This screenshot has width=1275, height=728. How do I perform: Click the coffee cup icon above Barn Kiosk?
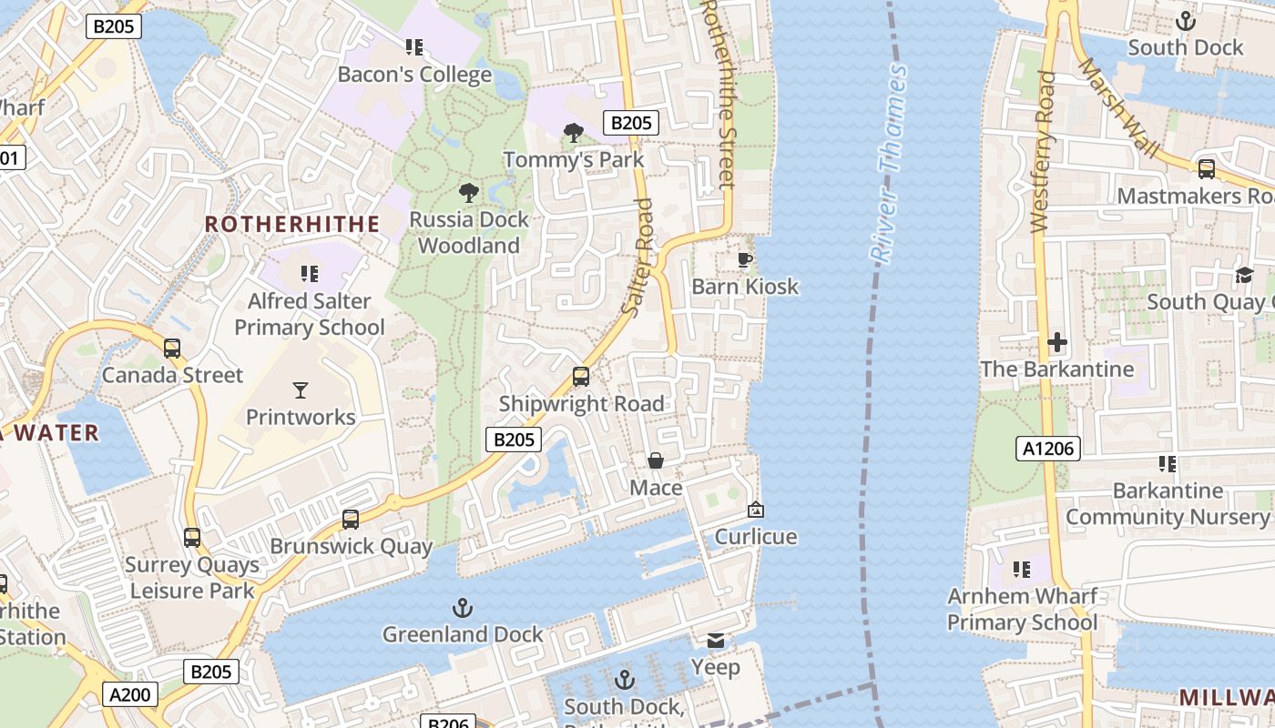click(744, 260)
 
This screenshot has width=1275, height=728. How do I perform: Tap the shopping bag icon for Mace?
click(655, 461)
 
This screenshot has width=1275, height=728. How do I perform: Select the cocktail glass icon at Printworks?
click(301, 390)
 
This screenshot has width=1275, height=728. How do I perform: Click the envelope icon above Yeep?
click(716, 641)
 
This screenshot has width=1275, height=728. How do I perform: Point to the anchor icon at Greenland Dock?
click(463, 607)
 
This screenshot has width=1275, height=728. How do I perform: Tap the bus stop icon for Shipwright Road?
click(580, 376)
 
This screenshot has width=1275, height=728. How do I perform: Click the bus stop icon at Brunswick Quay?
click(351, 520)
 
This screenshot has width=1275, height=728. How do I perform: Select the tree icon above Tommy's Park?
click(573, 134)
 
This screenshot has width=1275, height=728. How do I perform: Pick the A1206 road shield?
click(1047, 448)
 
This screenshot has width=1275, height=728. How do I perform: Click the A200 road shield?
click(129, 695)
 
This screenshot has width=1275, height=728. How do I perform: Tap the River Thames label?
click(889, 165)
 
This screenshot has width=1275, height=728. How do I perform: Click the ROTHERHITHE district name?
click(291, 224)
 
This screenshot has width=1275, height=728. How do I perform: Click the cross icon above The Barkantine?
click(1056, 342)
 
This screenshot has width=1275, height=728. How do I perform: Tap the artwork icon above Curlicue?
click(755, 511)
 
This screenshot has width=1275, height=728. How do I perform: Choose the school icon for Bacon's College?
click(414, 47)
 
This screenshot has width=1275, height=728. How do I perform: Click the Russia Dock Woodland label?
click(468, 232)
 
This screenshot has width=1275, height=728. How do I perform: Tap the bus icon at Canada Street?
click(171, 349)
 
